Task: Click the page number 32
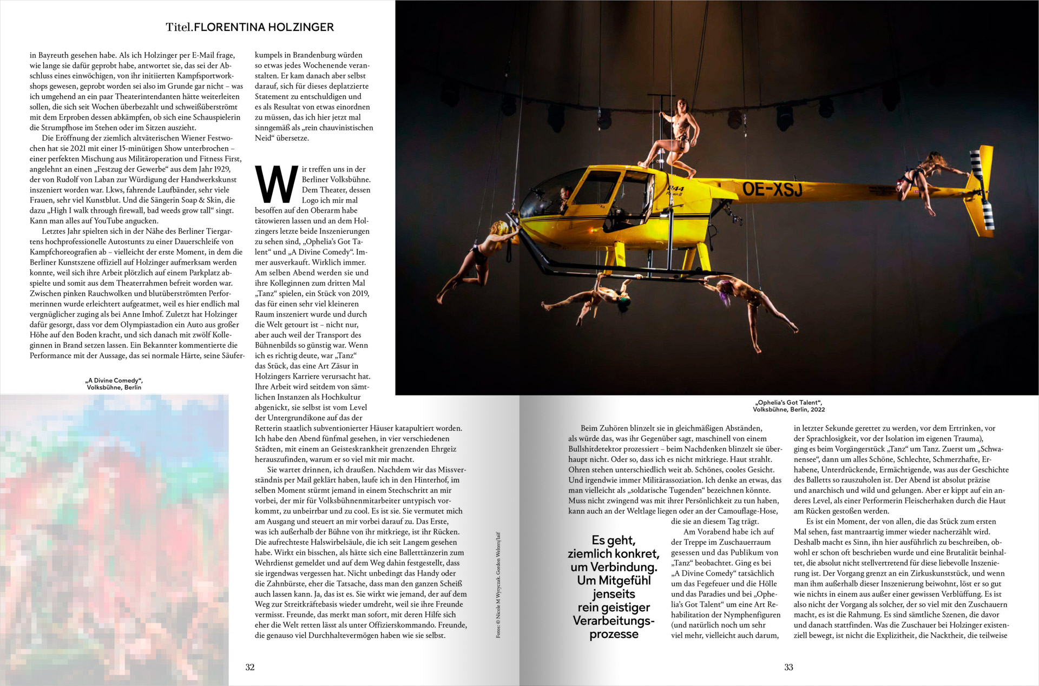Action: [250, 667]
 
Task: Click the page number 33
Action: [788, 667]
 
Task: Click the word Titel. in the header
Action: [179, 27]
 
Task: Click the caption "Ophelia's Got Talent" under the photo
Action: [789, 403]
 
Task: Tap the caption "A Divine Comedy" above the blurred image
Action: [114, 380]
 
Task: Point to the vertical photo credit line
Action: [498, 585]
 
